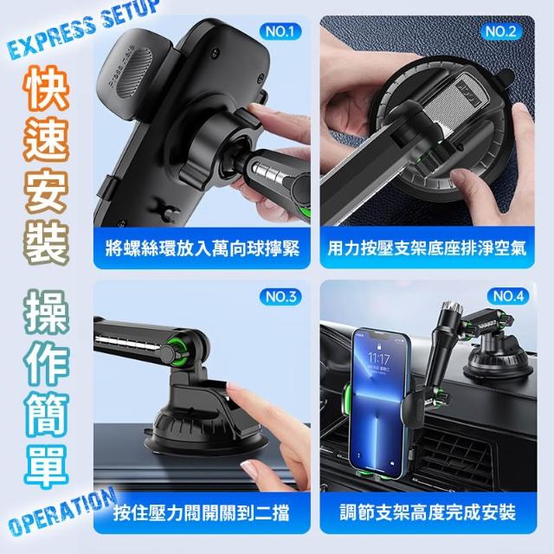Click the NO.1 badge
tap(280, 32)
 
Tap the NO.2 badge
tap(501, 32)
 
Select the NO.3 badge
tap(280, 296)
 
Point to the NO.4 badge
tap(508, 296)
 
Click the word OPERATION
tap(61, 512)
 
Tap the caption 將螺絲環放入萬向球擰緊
tap(202, 248)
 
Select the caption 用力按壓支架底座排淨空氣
tap(427, 248)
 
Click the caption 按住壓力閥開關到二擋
tap(202, 513)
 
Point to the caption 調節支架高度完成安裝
tap(428, 512)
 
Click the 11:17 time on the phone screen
tap(379, 359)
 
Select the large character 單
tap(46, 466)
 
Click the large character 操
tap(46, 312)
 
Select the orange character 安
tap(46, 190)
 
